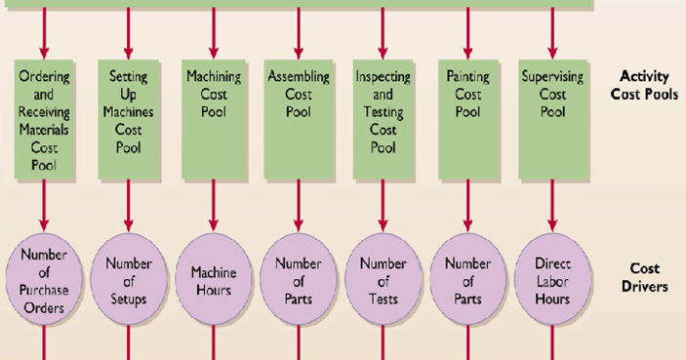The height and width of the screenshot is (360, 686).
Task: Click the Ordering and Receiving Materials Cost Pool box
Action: tap(43, 118)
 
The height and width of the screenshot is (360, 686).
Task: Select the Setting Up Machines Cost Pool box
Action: tap(129, 118)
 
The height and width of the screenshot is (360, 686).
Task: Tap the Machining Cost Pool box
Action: tap(214, 118)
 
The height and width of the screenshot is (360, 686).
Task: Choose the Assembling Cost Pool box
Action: tap(299, 118)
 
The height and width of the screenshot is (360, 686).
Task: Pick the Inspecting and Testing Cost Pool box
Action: tap(383, 118)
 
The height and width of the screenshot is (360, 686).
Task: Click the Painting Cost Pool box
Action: tap(467, 118)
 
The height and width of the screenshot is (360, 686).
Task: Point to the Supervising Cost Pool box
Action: tap(552, 118)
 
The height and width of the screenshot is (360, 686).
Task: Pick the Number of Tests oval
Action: tap(383, 279)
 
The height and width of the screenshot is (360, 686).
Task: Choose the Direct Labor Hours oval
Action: tap(552, 281)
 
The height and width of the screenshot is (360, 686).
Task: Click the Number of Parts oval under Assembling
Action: tap(299, 280)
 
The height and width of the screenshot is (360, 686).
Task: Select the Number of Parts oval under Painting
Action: tap(467, 280)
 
